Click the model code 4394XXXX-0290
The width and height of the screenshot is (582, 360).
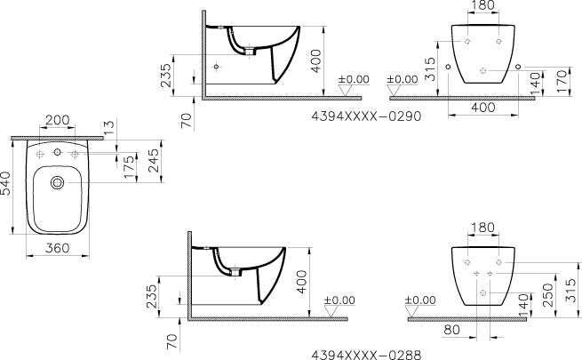366,116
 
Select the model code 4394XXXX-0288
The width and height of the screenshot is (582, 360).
366,355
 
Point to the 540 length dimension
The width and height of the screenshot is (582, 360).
5,183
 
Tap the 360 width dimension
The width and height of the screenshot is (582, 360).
57,248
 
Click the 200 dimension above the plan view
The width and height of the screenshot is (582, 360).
57,120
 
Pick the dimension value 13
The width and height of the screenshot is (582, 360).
110,128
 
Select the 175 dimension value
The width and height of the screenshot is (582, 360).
129,167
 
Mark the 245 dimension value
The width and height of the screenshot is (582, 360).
154,160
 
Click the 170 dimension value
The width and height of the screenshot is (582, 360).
562,81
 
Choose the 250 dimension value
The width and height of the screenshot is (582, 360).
547,295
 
